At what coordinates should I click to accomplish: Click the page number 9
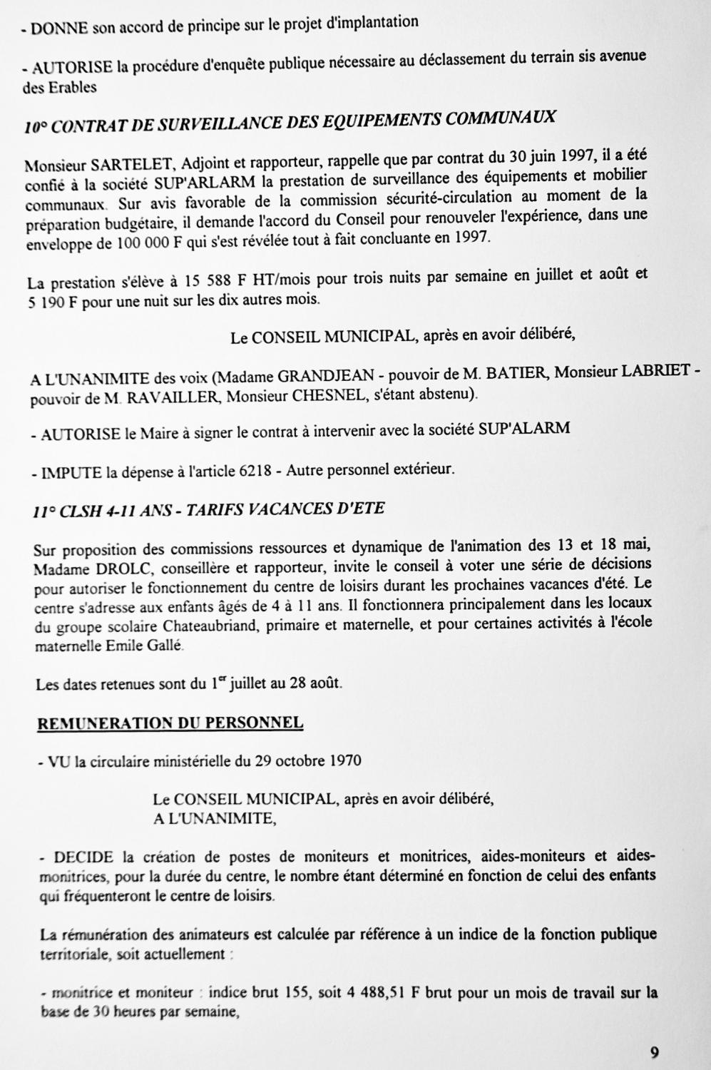pyautogui.click(x=654, y=1051)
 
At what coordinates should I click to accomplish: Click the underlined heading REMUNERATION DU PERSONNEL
pyautogui.click(x=170, y=723)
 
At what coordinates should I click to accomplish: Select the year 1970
pyautogui.click(x=345, y=760)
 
